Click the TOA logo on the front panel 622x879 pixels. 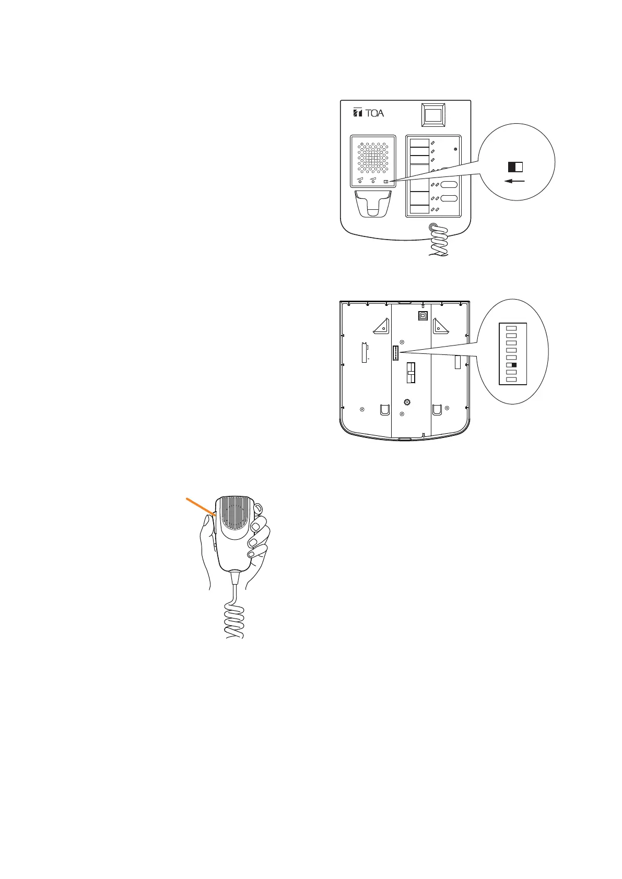(368, 112)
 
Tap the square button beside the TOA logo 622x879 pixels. (433, 115)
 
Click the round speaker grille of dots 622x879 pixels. (373, 157)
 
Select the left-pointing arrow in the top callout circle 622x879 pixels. (514, 181)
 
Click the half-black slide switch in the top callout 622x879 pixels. (515, 167)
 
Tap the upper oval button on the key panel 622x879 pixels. (449, 185)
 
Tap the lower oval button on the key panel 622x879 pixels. (449, 198)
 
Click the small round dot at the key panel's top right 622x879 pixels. (455, 150)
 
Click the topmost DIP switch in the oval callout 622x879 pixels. (512, 328)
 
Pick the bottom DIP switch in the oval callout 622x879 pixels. (512, 379)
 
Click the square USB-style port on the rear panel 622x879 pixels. (422, 315)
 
